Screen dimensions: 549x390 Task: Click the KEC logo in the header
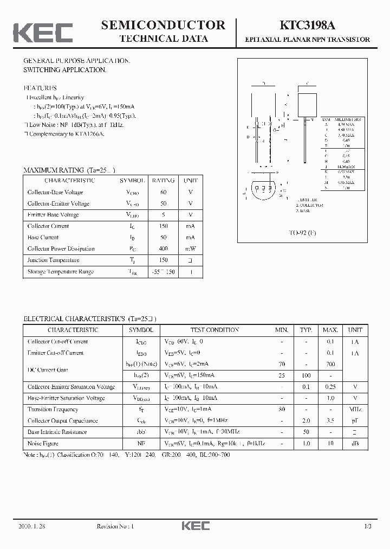click(x=43, y=33)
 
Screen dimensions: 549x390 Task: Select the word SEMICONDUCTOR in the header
click(x=163, y=25)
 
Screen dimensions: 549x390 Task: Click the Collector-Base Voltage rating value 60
click(x=163, y=192)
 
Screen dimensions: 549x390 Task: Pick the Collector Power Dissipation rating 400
click(x=163, y=248)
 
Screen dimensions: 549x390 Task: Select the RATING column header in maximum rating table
click(x=163, y=181)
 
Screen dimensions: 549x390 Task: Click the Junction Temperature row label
click(x=53, y=260)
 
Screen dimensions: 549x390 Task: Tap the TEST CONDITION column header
click(x=214, y=330)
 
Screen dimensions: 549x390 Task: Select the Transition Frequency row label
click(x=53, y=410)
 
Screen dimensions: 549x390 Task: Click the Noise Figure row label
click(x=43, y=443)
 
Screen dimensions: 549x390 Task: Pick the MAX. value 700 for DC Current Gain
click(x=330, y=364)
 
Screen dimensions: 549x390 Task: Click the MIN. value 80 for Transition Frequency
click(x=282, y=410)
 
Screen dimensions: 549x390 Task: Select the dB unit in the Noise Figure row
click(x=355, y=443)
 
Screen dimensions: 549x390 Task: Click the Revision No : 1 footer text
click(x=115, y=526)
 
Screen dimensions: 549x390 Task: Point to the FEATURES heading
click(x=40, y=88)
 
